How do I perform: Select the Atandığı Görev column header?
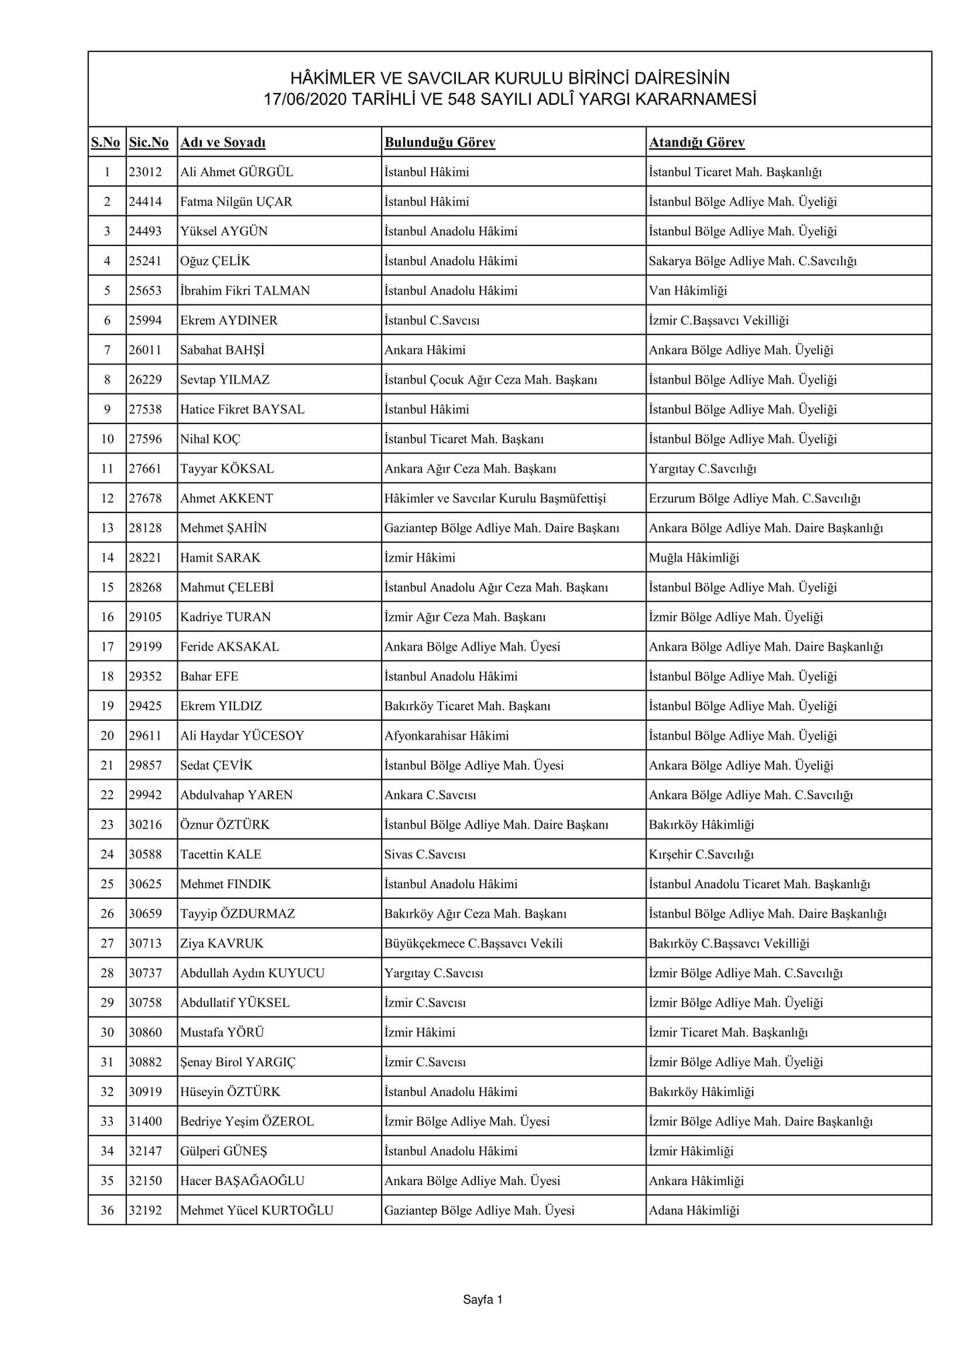coord(697,142)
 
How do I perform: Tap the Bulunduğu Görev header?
coord(439,142)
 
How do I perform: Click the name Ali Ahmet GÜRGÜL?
coord(237,172)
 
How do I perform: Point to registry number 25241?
coord(145,261)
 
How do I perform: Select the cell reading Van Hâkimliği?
coord(688,291)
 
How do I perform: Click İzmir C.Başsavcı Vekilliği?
coord(719,320)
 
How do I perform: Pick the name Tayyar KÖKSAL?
coord(227,469)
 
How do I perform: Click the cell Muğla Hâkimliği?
coord(694,558)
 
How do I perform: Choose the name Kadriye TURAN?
coord(225,617)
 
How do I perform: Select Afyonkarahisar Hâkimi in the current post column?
coord(447,736)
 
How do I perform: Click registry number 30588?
coord(145,854)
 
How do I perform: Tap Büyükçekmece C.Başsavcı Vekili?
coord(473,943)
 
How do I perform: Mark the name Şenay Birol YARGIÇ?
coord(237,1062)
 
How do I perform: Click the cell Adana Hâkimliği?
coord(694,1210)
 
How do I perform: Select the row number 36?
coord(107,1210)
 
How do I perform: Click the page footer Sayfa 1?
coord(483,1300)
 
